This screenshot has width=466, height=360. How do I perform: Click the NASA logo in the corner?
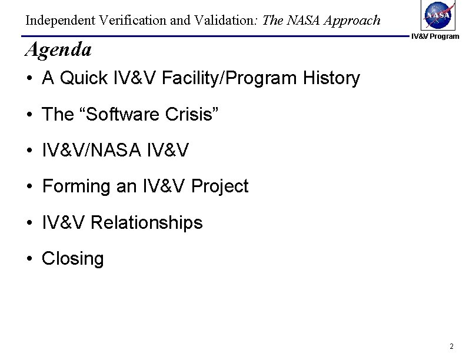[x=435, y=15]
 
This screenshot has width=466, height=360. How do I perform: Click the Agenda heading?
[x=58, y=50]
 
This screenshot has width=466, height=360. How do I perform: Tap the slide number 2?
[x=450, y=346]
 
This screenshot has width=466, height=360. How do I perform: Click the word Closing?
[x=72, y=259]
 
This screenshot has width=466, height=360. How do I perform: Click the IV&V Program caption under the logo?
[x=435, y=36]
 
